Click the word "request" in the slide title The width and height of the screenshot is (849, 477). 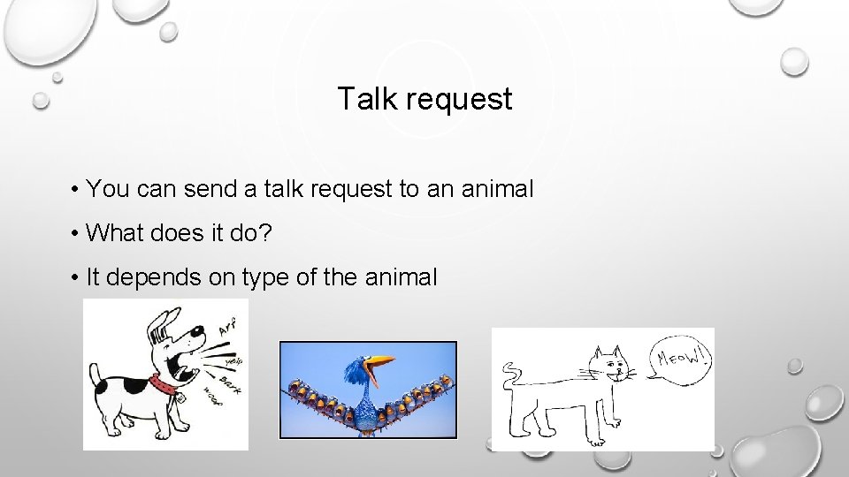[x=459, y=100]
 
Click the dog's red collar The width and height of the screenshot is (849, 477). [x=164, y=384]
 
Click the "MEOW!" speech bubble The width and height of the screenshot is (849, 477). [x=683, y=359]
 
